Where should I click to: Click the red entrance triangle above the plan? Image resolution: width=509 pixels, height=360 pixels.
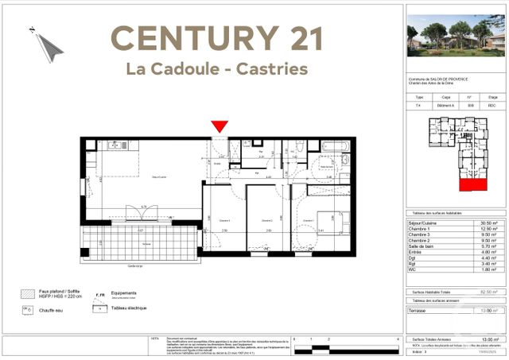click(x=220, y=126)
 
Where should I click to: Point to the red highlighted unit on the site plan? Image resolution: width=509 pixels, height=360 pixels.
click(x=475, y=184)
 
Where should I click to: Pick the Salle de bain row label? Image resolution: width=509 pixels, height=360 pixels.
click(x=423, y=246)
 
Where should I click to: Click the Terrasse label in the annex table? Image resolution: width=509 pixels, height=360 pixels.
click(x=419, y=311)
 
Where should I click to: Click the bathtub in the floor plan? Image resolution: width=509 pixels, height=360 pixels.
click(x=333, y=147)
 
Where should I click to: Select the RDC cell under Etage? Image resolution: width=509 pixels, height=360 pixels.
click(x=492, y=105)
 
